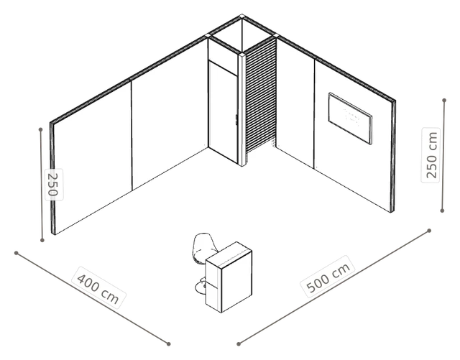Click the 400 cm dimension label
(x=98, y=287)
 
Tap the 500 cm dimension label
(x=328, y=277)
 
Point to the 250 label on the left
(x=54, y=185)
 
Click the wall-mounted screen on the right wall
(x=350, y=119)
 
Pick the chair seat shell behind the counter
(x=203, y=247)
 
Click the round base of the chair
(x=201, y=287)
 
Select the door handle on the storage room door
(x=236, y=120)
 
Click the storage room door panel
(x=223, y=111)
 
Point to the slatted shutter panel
(x=261, y=96)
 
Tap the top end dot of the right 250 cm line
(x=444, y=101)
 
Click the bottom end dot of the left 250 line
(x=42, y=240)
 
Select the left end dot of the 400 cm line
(x=17, y=253)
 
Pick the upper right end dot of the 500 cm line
(x=429, y=231)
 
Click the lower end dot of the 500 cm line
(x=239, y=344)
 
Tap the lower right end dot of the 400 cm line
(x=168, y=344)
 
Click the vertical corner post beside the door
(x=242, y=110)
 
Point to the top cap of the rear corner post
(x=241, y=16)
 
